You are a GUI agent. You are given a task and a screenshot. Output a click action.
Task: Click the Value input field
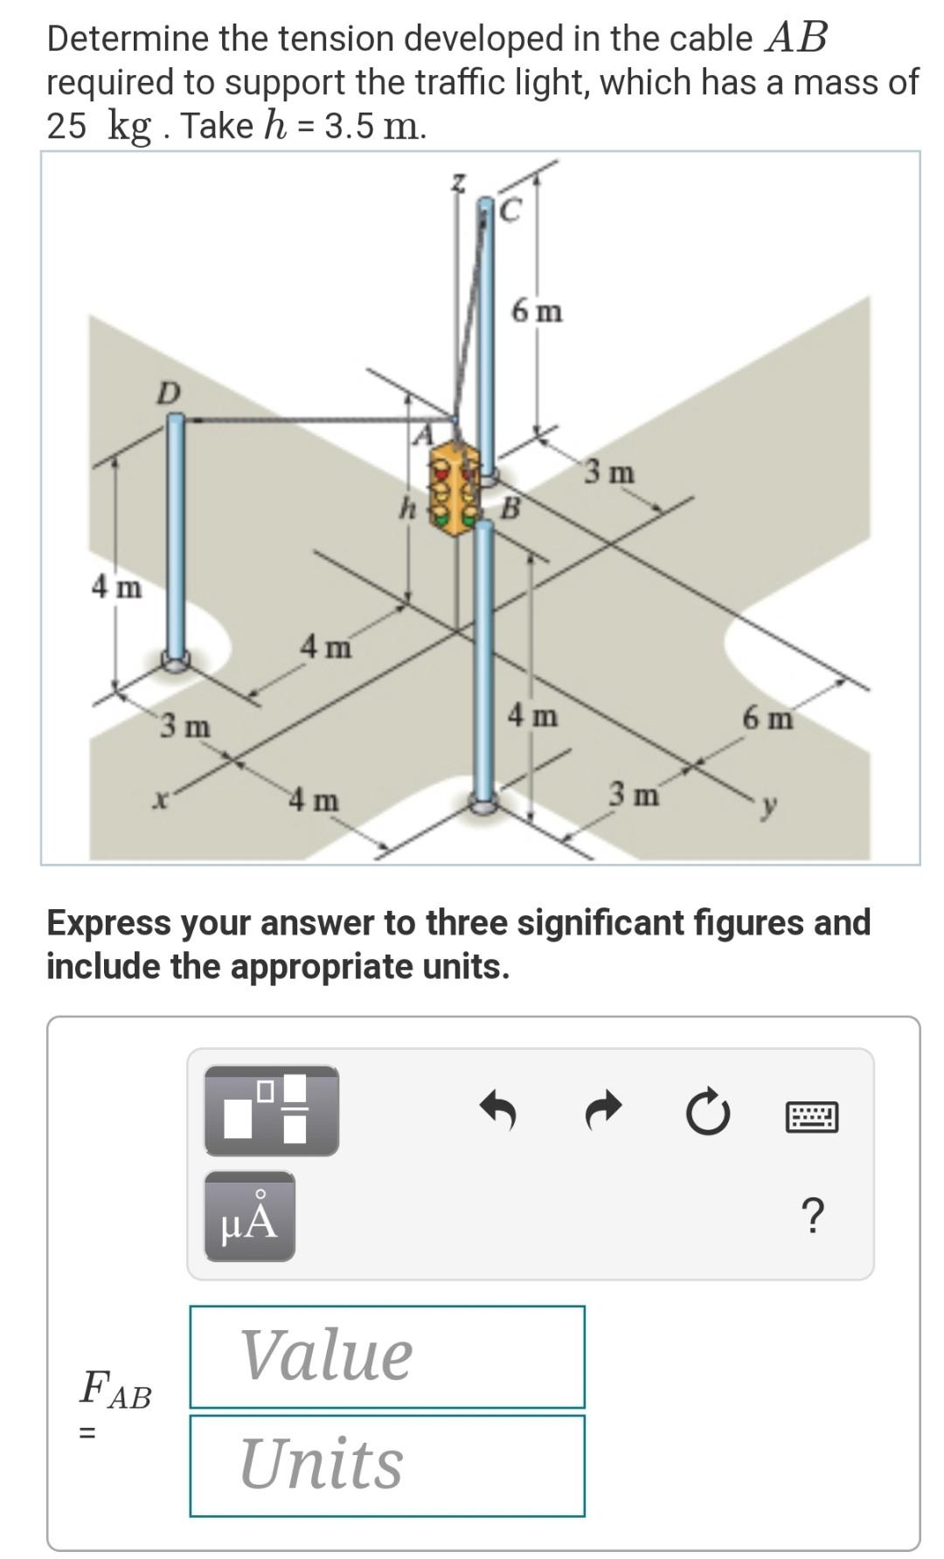tap(386, 1356)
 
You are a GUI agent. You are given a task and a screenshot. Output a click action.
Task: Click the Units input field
tap(386, 1465)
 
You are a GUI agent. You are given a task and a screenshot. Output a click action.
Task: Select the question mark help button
tap(812, 1215)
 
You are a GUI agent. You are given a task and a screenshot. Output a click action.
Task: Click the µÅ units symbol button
tap(250, 1216)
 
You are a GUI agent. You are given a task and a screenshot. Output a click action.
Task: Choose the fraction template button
tap(271, 1110)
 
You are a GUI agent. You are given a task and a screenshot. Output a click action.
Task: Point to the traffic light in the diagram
tap(455, 488)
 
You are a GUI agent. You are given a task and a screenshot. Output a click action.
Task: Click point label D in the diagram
tap(168, 393)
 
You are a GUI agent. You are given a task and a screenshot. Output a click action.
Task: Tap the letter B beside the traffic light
tap(511, 507)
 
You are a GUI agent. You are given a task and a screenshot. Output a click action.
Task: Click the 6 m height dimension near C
tap(537, 311)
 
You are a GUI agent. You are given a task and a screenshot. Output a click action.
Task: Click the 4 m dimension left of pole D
tap(116, 587)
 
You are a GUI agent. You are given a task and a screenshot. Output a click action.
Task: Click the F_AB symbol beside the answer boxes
tap(115, 1390)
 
